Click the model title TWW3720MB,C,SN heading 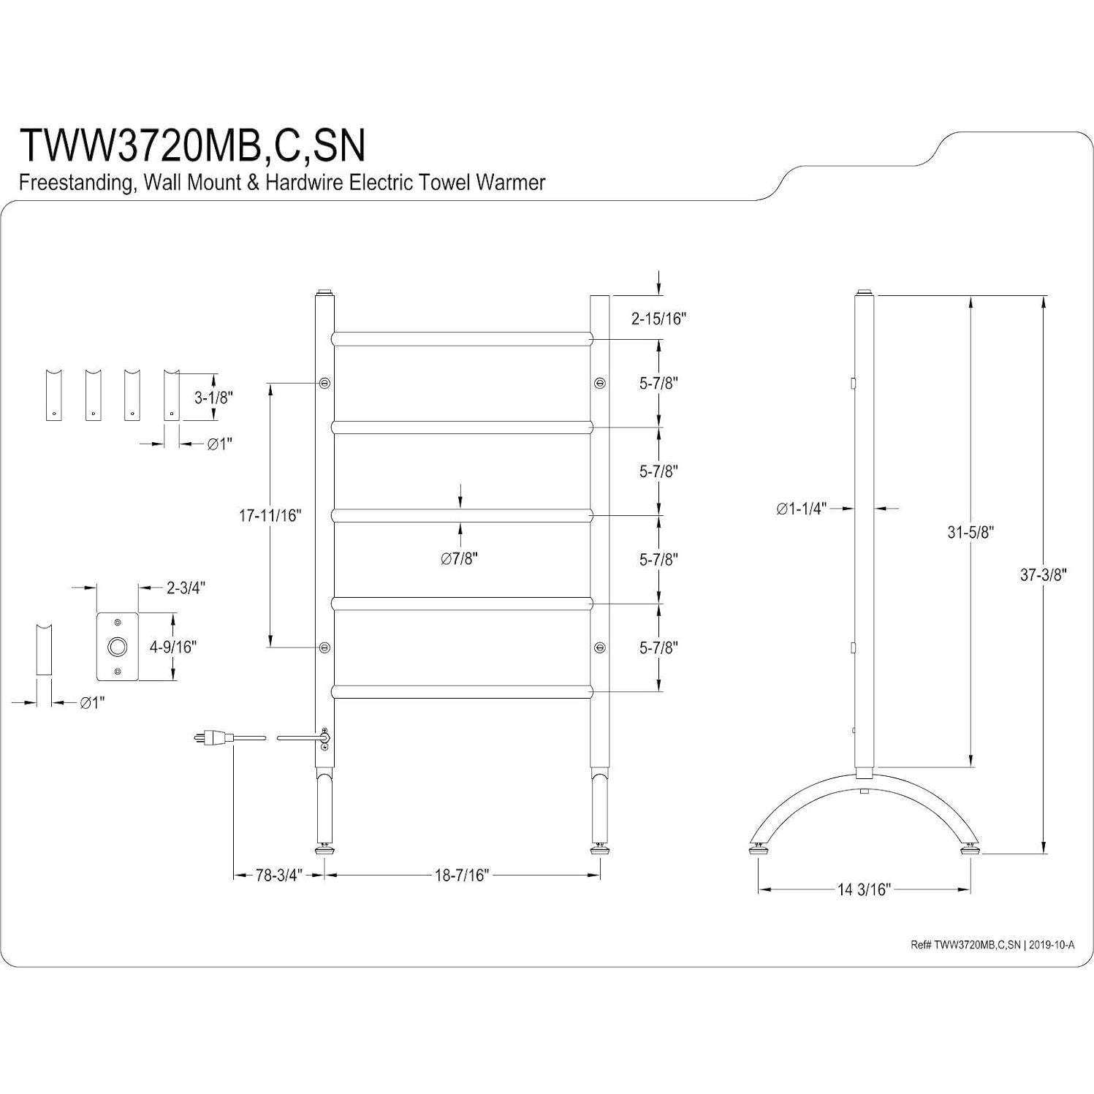(x=192, y=145)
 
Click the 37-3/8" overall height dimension (x=1044, y=575)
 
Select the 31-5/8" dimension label (x=971, y=532)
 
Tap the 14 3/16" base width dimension (x=864, y=889)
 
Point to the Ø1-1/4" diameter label (x=802, y=509)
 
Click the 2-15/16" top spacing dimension (x=659, y=319)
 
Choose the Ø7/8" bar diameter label (x=459, y=559)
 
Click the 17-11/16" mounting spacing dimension (x=270, y=516)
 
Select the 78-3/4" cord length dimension (x=278, y=875)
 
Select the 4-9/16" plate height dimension (x=174, y=647)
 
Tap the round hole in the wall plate (x=117, y=647)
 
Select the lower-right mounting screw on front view (x=599, y=647)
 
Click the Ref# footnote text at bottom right (x=992, y=945)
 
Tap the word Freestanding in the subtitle (x=75, y=183)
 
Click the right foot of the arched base (x=970, y=849)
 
